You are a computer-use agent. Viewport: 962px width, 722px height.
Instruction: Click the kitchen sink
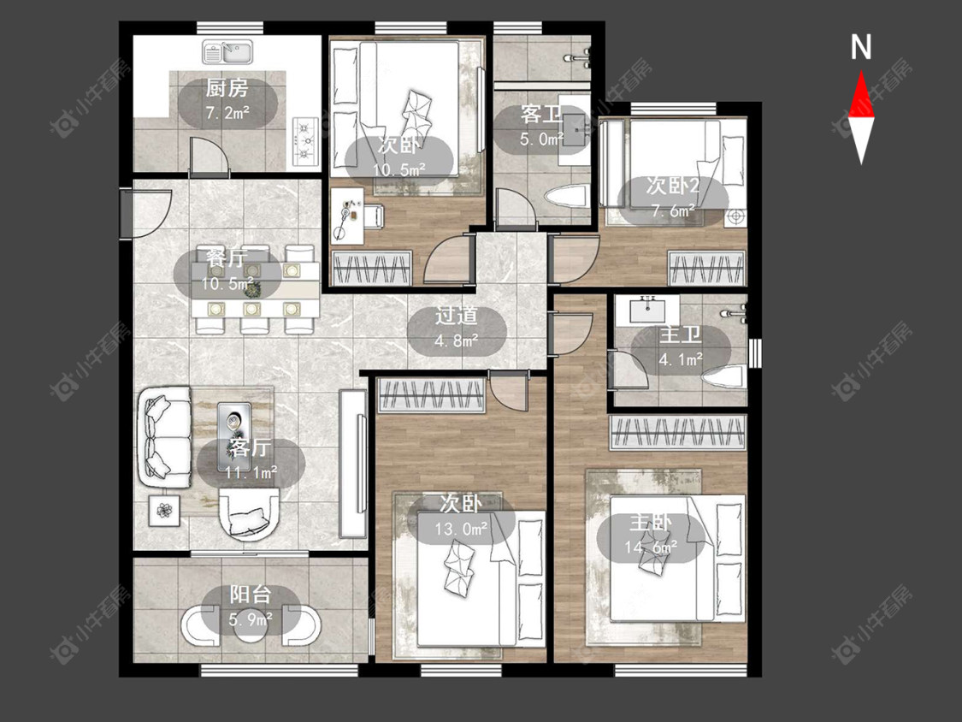coord(227,52)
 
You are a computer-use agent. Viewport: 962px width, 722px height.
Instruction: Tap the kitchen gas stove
coord(305,142)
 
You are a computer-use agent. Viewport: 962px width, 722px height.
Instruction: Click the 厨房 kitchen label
coord(227,89)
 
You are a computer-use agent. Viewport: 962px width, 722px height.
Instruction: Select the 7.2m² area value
coord(227,113)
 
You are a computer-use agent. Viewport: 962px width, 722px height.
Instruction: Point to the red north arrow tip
coord(861,71)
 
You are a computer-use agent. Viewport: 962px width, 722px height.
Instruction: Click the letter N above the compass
coord(861,47)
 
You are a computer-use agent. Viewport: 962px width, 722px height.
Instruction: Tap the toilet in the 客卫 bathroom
coord(566,197)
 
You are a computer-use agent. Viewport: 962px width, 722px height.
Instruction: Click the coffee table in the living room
coord(233,428)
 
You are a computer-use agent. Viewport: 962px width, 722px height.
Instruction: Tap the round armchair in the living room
coord(250,514)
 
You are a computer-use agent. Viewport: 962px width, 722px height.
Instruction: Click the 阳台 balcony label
coord(251,595)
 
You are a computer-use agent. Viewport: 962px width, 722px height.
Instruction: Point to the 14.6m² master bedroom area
coord(651,546)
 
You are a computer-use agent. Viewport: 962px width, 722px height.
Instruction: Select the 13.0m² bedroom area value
coord(462,528)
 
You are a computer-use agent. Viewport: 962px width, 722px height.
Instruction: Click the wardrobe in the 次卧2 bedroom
coord(706,269)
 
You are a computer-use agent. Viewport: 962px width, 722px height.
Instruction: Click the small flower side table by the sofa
coord(164,510)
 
